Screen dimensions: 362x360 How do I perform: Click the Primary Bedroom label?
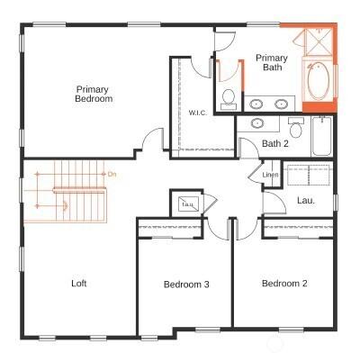(94, 94)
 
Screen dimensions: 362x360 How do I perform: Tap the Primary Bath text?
(272, 61)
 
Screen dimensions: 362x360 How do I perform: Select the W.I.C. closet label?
(197, 113)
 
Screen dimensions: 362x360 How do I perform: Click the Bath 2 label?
(274, 143)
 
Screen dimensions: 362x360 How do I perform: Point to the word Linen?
(270, 175)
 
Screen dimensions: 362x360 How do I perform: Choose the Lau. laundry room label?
(305, 200)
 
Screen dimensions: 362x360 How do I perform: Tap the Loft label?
(79, 284)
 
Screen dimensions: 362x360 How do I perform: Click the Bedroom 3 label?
(186, 285)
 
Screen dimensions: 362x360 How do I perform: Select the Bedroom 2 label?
(284, 284)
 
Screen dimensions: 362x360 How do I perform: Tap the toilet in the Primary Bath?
(229, 96)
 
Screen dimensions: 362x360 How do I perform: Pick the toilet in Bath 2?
(294, 126)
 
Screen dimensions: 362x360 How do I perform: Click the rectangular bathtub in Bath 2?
(321, 141)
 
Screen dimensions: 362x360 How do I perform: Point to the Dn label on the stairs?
(112, 173)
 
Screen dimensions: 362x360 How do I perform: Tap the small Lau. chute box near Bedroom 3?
(188, 204)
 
